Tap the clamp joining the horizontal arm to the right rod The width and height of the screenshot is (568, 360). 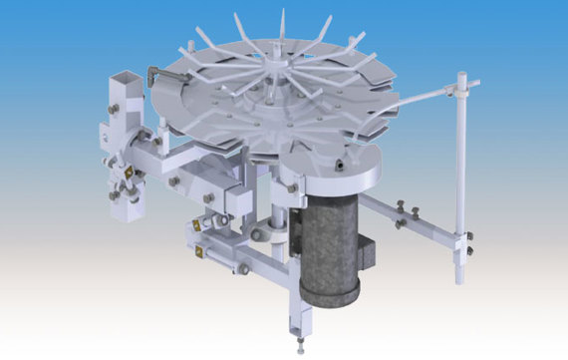[463, 236]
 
